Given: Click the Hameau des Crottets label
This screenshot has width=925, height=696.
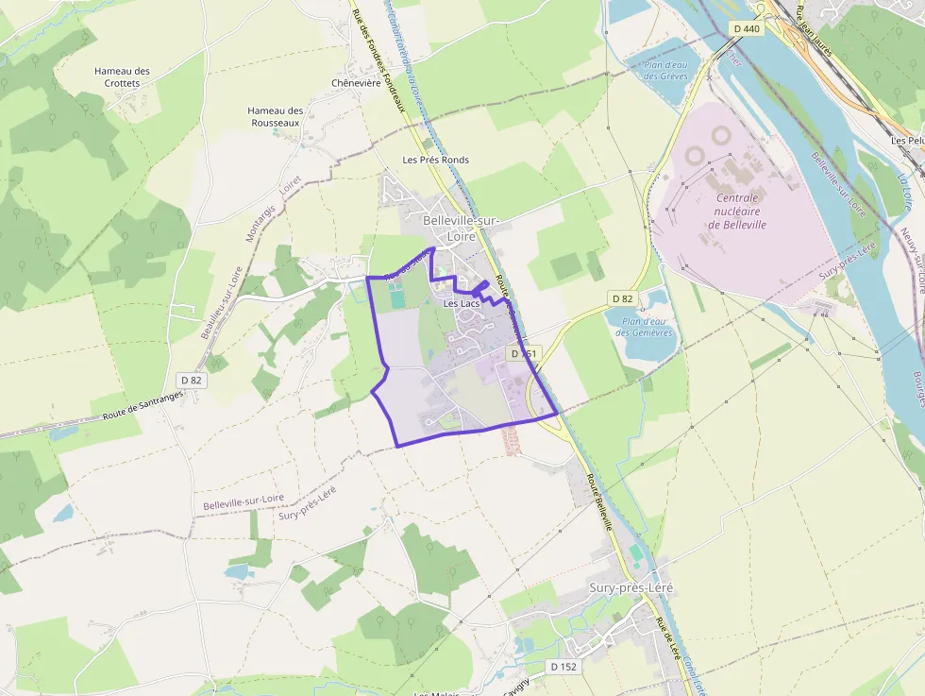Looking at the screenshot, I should click(x=122, y=76).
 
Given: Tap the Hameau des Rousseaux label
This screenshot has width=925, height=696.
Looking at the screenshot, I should click(x=276, y=116).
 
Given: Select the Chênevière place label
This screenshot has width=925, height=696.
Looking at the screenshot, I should click(x=356, y=83).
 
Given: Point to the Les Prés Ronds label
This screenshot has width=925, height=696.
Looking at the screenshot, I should click(x=435, y=160).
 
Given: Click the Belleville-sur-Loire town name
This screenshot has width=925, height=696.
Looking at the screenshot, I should click(x=462, y=228).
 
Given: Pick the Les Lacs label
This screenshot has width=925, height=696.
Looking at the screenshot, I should click(x=462, y=303).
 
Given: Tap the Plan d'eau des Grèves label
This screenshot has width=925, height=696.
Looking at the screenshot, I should click(x=665, y=70).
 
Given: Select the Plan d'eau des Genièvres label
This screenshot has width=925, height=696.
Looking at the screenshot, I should click(x=644, y=327).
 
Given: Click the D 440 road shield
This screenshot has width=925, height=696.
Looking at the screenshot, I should click(x=747, y=29).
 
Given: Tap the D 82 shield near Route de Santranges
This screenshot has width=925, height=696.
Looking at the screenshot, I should click(x=191, y=380).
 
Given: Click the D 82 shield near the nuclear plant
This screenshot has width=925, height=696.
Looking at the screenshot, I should click(x=622, y=298).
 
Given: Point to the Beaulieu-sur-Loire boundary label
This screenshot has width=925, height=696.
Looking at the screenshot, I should click(x=222, y=302).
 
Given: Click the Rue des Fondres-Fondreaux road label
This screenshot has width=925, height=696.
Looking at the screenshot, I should click(x=378, y=56).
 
